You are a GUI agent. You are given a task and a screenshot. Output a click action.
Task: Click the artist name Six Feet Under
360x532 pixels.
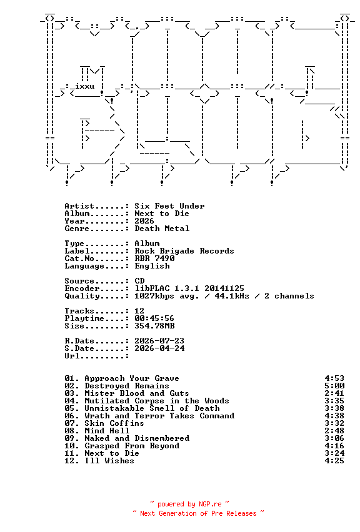click(x=169, y=206)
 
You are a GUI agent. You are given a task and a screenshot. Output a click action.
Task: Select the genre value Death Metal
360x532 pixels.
click(x=162, y=229)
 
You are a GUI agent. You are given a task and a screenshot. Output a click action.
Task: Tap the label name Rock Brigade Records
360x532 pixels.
click(x=184, y=251)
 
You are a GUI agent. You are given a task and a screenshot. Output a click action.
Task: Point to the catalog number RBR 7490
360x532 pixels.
click(x=154, y=259)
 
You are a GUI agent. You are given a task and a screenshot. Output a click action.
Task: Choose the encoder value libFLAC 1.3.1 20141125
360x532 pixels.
click(x=189, y=288)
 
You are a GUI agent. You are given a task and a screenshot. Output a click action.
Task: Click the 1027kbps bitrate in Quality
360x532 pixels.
click(x=154, y=296)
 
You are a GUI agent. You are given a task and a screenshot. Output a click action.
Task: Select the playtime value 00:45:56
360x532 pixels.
click(x=154, y=318)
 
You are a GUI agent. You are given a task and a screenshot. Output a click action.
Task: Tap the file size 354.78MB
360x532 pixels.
click(x=154, y=326)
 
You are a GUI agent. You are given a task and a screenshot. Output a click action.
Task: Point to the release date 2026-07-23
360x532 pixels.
click(x=159, y=341)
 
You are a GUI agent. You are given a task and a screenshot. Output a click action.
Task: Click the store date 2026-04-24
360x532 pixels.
click(x=159, y=348)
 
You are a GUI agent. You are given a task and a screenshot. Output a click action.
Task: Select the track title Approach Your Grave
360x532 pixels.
click(x=132, y=378)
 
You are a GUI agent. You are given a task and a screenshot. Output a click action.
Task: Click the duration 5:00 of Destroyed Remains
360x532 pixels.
click(x=334, y=386)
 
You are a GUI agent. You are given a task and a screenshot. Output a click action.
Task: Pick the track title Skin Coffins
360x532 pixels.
click(x=114, y=423)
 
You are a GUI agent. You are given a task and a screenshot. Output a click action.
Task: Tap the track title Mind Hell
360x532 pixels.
click(x=107, y=431)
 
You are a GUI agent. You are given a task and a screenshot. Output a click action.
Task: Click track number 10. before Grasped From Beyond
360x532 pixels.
click(x=72, y=446)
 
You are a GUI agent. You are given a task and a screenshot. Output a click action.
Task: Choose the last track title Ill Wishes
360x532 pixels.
click(x=109, y=461)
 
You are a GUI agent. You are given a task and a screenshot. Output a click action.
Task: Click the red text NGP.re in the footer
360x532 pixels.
click(x=210, y=504)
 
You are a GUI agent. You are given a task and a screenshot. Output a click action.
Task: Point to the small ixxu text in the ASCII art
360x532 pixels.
click(x=85, y=86)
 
